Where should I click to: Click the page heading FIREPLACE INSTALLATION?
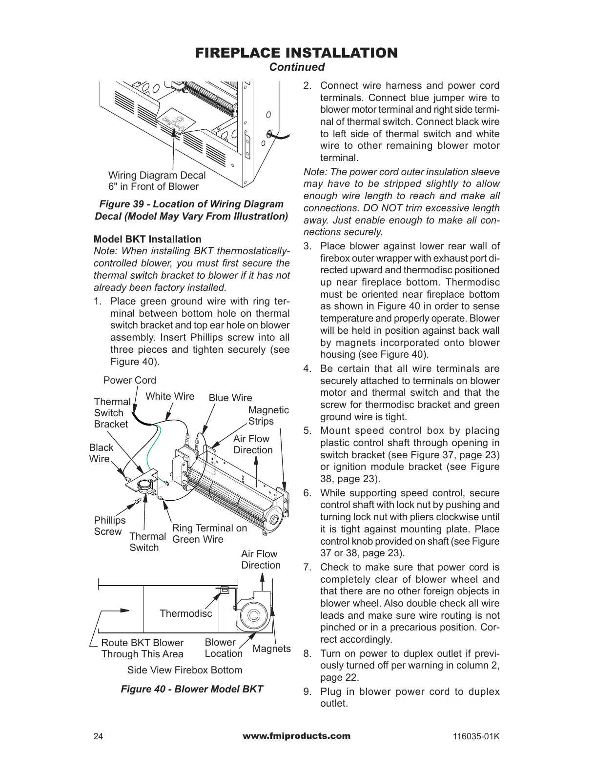point(296,53)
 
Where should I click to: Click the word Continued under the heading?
point(297,67)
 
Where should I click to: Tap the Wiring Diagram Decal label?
point(157,181)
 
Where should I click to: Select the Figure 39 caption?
point(191,210)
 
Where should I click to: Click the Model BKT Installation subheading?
point(147,239)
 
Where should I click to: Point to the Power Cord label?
point(130,380)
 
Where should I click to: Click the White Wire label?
point(170,396)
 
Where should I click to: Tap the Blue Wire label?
point(230,398)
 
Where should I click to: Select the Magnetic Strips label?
point(268,415)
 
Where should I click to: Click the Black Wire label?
point(101,453)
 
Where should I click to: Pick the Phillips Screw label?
point(109,526)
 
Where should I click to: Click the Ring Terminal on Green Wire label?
point(209,533)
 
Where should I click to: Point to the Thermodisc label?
point(186,613)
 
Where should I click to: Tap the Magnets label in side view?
point(272,649)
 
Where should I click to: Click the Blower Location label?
point(223,648)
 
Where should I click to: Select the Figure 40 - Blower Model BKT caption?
point(192,689)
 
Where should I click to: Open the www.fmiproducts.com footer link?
point(296,736)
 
